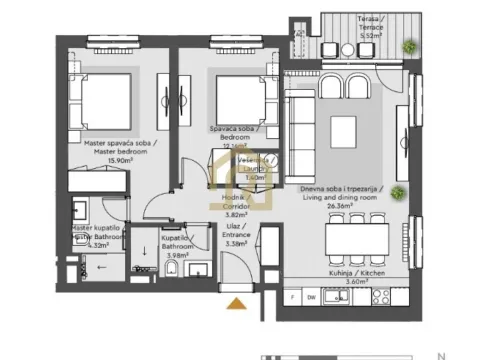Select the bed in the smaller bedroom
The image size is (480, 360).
241,99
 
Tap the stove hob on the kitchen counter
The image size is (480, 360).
378,297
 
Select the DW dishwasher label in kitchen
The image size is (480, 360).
310,297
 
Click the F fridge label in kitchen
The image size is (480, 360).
291,297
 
